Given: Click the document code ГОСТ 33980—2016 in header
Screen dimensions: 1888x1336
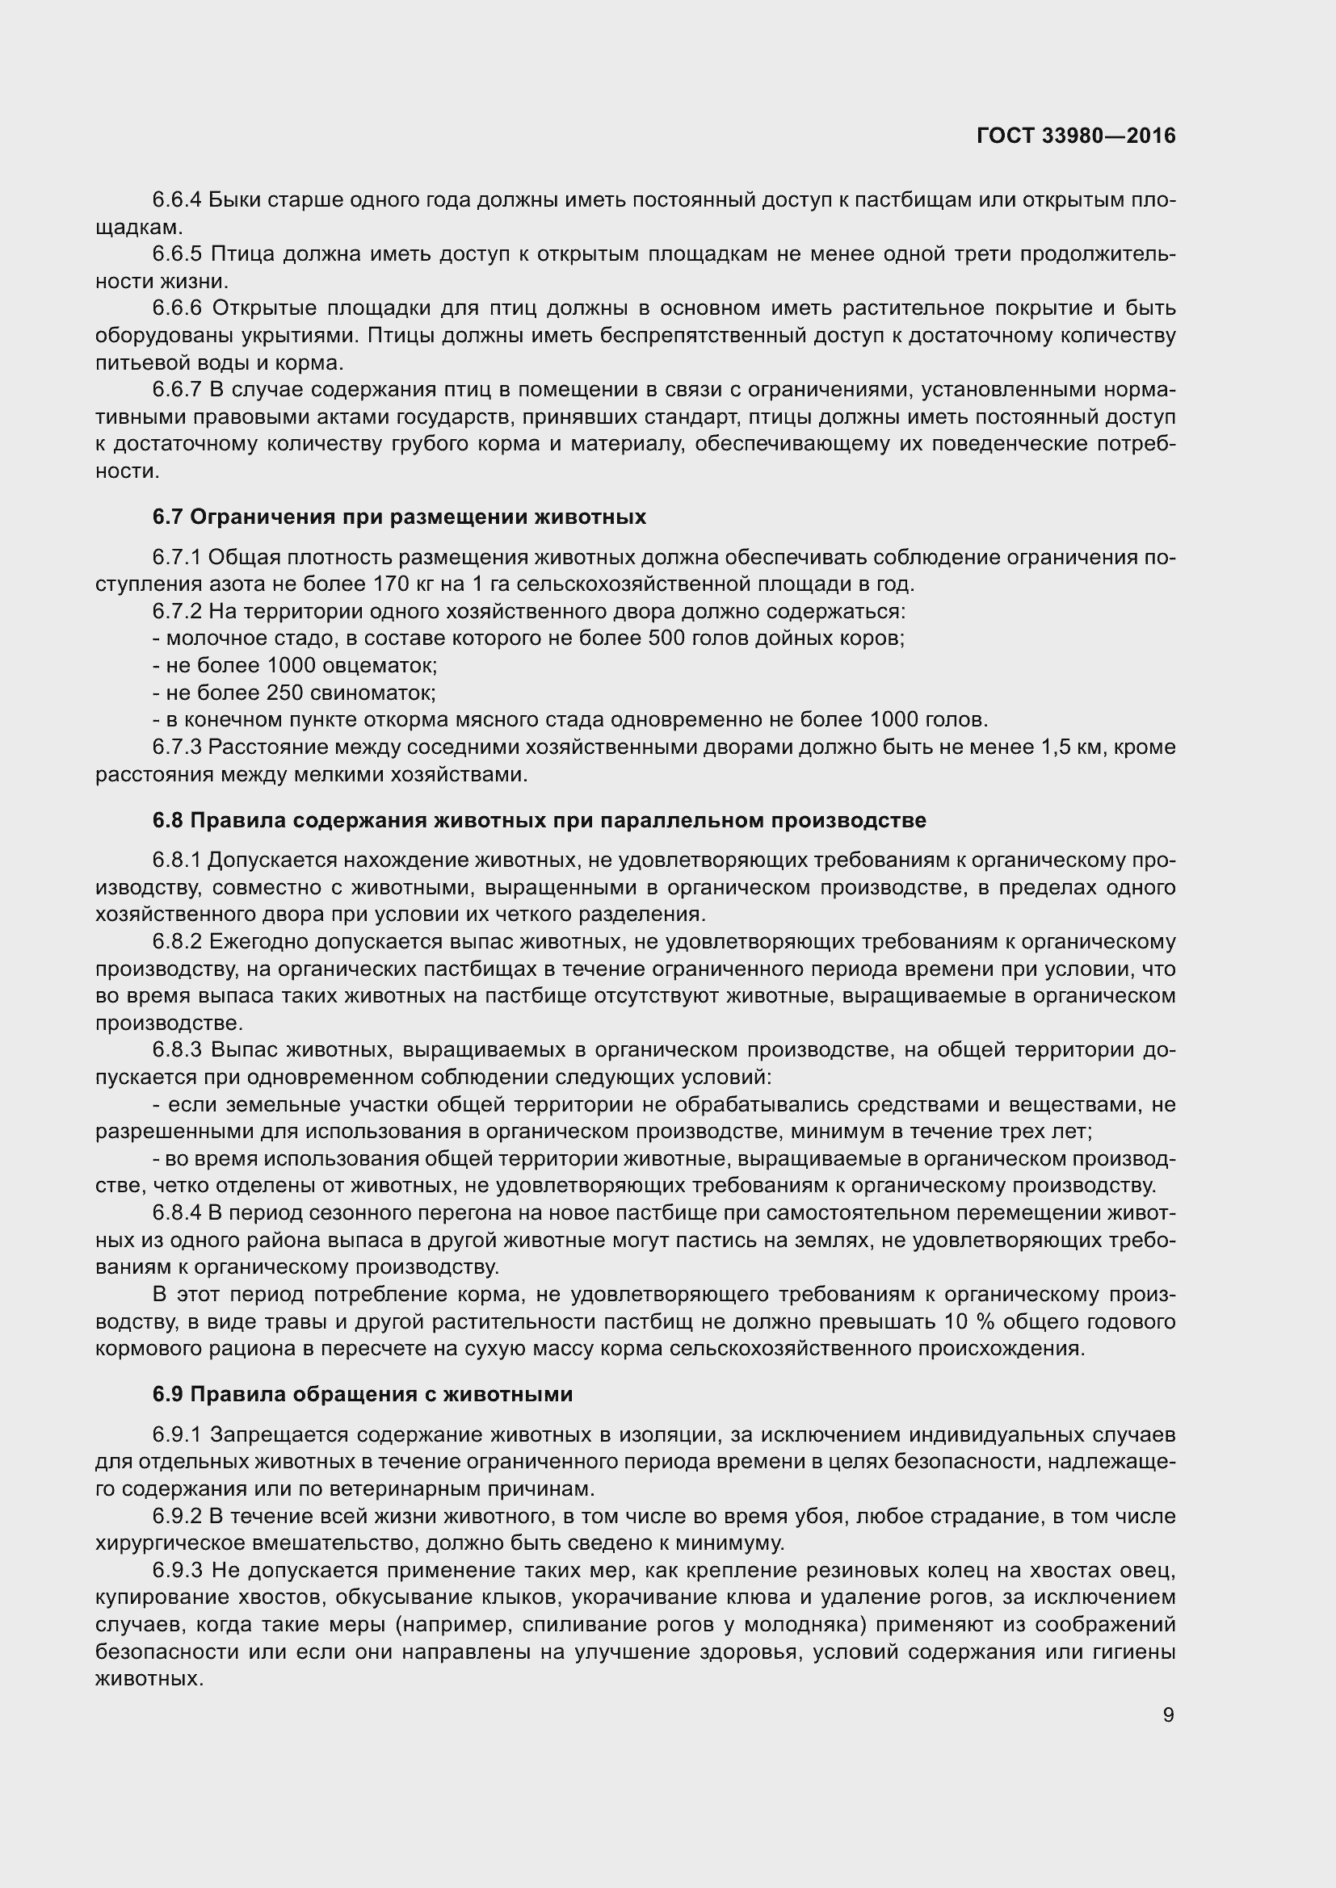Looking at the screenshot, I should tap(1076, 136).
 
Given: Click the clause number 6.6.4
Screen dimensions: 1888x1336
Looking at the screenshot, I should tap(177, 200).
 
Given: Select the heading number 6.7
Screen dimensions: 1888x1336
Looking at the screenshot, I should tap(168, 517).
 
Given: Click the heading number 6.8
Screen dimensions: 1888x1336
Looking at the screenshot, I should tap(168, 821).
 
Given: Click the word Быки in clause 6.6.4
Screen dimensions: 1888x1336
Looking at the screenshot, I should tap(233, 200).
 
